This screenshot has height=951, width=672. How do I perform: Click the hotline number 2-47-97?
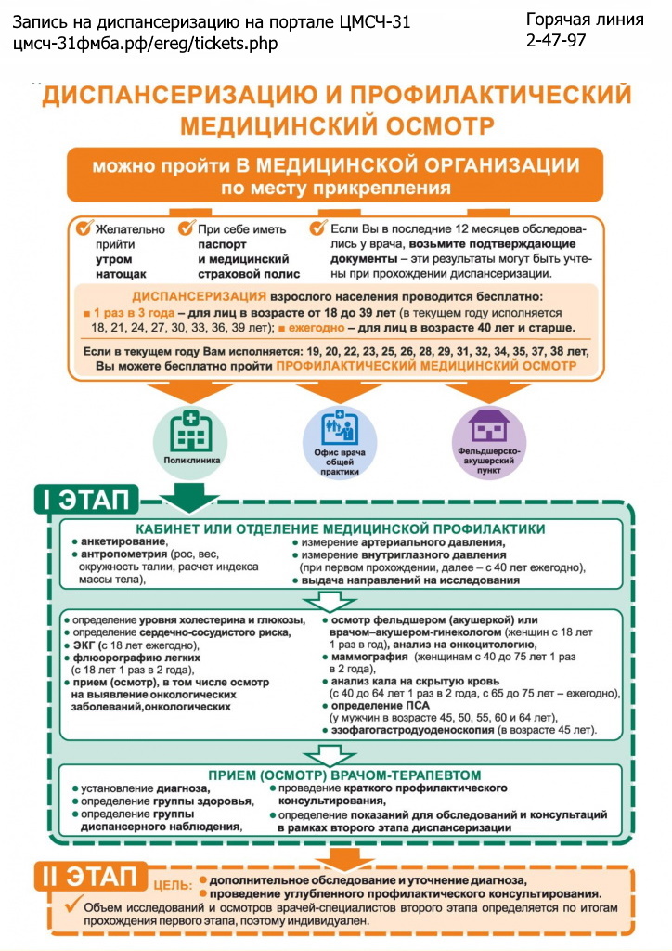(556, 40)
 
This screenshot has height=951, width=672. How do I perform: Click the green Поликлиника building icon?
(191, 433)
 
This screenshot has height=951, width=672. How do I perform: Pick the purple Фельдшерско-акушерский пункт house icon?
(488, 430)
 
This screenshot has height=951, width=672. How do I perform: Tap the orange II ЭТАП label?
(92, 878)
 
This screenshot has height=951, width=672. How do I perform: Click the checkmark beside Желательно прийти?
(84, 228)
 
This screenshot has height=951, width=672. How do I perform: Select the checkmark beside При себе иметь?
(187, 228)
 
